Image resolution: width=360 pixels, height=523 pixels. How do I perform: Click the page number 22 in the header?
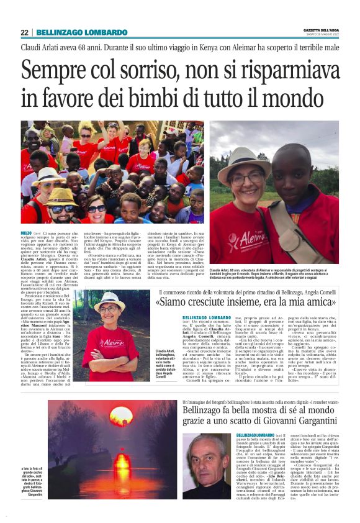[24, 32]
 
